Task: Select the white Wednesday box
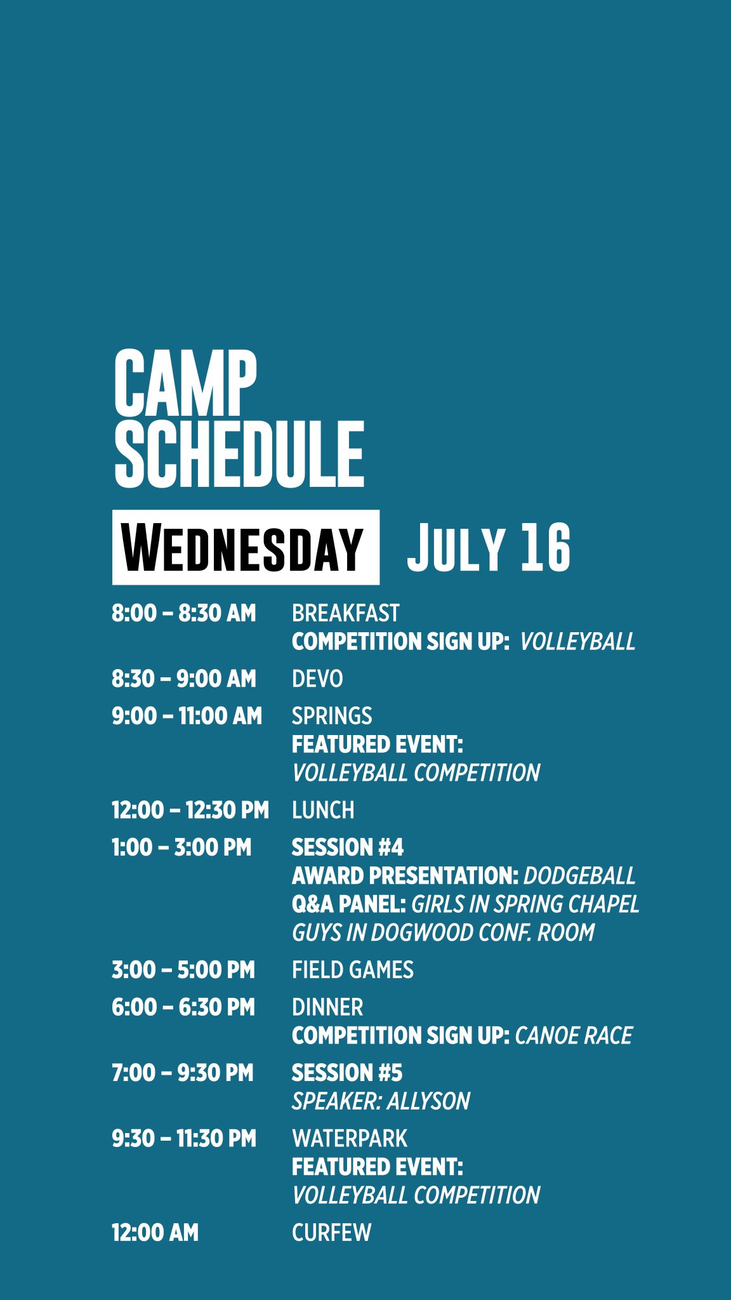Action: point(246,547)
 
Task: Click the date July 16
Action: point(489,547)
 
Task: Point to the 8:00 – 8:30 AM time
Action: point(184,613)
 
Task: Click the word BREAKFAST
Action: point(346,613)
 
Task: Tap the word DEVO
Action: point(317,679)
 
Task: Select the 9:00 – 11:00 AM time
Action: point(187,716)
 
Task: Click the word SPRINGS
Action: point(332,716)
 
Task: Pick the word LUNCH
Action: point(323,810)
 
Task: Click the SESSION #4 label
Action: point(348,847)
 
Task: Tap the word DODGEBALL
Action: point(579,876)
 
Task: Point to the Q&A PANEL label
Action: point(349,904)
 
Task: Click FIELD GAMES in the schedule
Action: point(353,970)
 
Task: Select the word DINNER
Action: point(327,1007)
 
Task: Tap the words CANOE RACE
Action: point(574,1036)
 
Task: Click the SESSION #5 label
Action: point(347,1073)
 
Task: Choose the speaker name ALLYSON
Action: point(428,1101)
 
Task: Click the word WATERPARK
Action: point(350,1139)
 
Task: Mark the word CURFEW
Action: point(331,1233)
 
